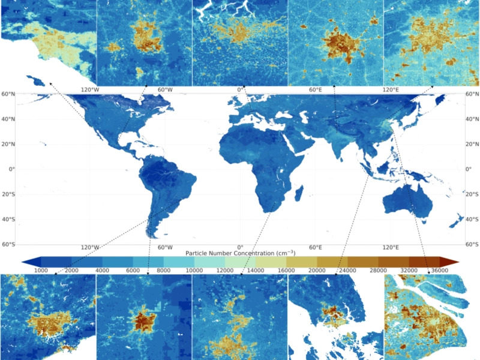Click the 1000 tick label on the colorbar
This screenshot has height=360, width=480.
[41, 271]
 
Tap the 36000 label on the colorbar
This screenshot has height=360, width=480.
[440, 271]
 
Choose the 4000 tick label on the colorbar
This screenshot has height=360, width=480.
[103, 271]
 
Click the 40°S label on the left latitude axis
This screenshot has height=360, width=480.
[8, 219]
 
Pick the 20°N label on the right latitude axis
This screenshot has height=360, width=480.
[472, 144]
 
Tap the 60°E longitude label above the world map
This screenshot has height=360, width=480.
[316, 90]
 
